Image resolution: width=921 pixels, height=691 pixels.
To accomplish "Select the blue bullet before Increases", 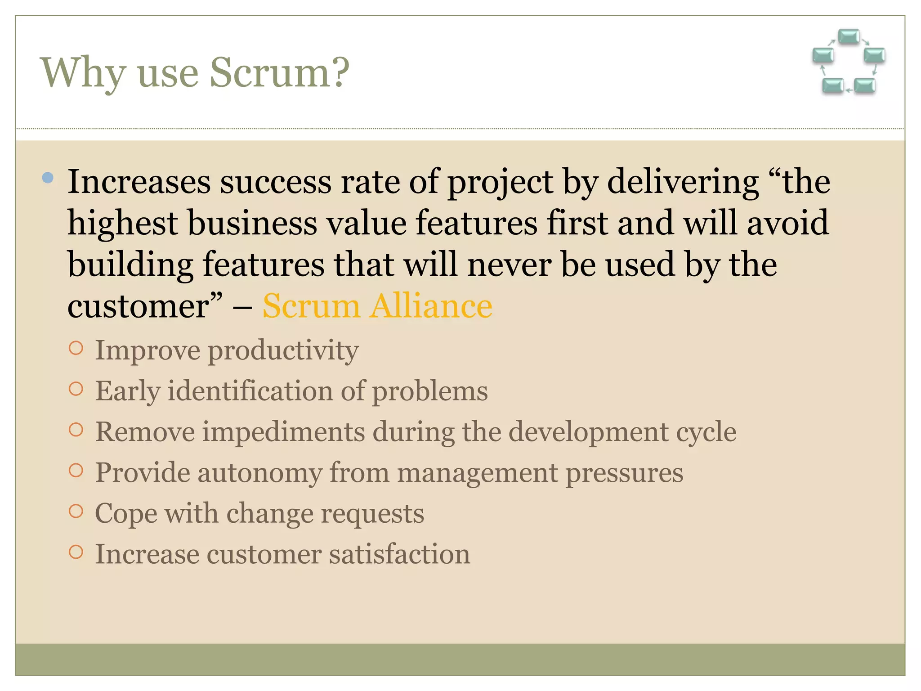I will pos(48,178).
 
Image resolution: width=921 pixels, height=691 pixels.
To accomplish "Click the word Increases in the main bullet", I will pos(139,182).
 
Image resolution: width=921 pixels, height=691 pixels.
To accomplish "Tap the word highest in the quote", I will pos(123,223).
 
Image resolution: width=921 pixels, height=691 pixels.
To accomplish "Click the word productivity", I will pos(283,350).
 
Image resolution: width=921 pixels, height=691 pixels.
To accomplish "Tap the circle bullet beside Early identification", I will pos(76,389).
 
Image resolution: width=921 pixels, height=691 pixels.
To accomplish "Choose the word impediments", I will pos(283,432).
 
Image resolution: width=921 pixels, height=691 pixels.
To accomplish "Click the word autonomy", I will pos(259,473).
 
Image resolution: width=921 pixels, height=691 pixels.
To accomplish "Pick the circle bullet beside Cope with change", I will pos(76,512).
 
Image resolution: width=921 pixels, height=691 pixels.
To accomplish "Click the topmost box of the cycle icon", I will pos(849,36).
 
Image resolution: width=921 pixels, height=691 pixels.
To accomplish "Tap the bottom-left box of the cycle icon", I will pos(832,85).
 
